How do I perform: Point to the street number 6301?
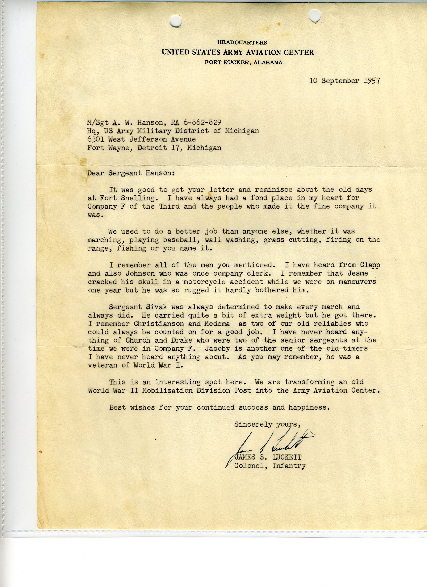click(96, 139)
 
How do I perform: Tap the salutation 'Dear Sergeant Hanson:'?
click(131, 173)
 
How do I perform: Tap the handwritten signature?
click(272, 446)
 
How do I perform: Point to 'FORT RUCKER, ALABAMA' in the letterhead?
click(243, 62)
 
